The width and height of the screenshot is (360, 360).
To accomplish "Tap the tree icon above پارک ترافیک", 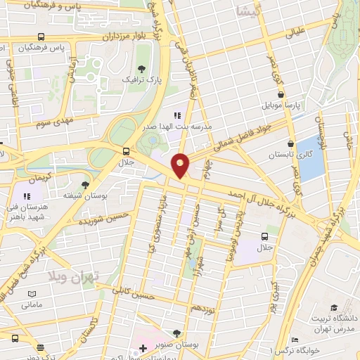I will pyautogui.click(x=143, y=69).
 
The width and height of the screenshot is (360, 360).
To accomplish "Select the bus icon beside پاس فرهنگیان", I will pyautogui.click(x=42, y=37).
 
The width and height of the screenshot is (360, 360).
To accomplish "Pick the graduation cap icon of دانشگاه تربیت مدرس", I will pyautogui.click(x=336, y=307).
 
